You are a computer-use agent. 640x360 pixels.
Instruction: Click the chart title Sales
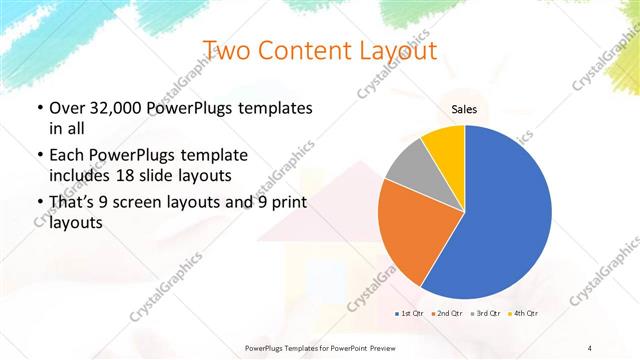click(465, 109)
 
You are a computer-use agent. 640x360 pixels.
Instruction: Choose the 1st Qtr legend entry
click(409, 314)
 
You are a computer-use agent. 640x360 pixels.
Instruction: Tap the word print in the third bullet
click(283, 204)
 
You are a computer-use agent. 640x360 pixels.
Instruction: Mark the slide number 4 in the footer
click(590, 347)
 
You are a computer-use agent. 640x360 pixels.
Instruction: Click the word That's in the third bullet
click(72, 204)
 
